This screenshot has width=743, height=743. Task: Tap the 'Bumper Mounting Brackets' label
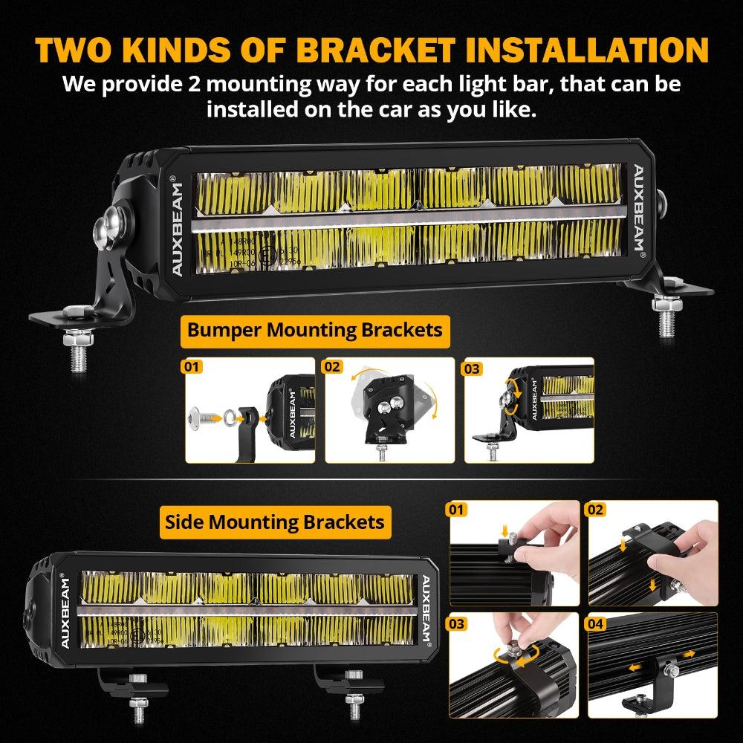[315, 329]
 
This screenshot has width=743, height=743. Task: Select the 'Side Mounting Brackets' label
[275, 522]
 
